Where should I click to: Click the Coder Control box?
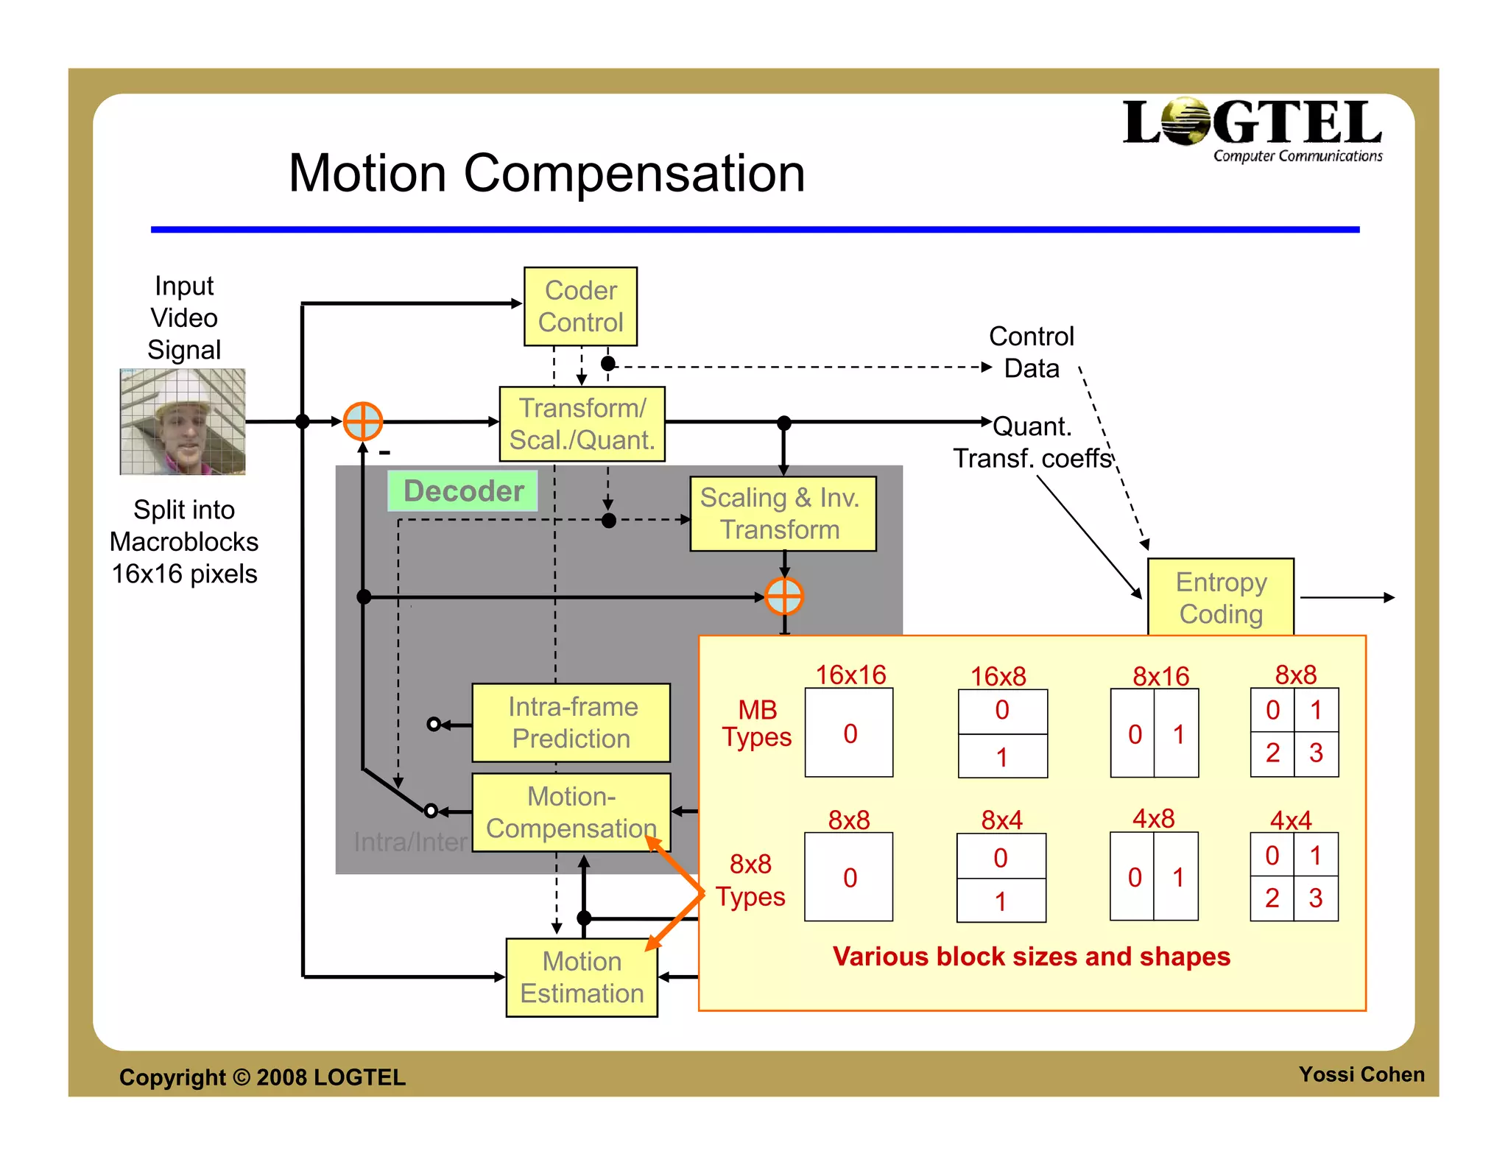point(580,306)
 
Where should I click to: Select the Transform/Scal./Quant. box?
point(582,424)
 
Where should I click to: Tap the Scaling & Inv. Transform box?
point(783,513)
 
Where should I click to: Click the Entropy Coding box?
point(1220,597)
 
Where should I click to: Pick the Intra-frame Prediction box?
point(571,722)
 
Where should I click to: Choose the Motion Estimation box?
point(582,977)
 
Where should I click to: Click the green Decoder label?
point(462,491)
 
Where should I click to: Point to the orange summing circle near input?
point(363,421)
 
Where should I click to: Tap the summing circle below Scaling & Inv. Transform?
point(783,596)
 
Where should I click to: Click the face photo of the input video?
point(183,422)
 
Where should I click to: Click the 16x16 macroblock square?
point(849,733)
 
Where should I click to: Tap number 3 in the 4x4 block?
point(1315,898)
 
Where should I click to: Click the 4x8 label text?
point(1153,818)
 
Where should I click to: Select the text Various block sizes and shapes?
point(1031,956)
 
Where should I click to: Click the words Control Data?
point(1031,352)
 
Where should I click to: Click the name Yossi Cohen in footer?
point(1361,1074)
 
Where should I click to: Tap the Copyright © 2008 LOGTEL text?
point(262,1077)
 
